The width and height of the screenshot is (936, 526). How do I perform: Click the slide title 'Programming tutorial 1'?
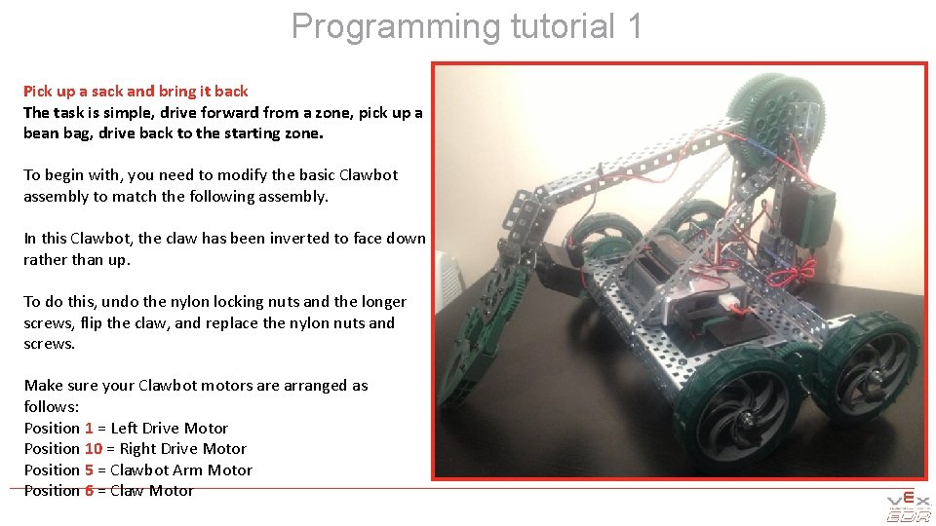(467, 26)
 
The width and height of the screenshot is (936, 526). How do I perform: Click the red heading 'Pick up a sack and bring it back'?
(136, 91)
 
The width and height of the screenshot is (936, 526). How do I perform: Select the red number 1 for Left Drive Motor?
(89, 428)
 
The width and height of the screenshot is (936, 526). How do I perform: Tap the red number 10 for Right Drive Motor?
(93, 449)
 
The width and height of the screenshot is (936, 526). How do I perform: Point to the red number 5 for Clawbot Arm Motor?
(89, 470)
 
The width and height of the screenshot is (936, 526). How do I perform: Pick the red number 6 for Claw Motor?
(89, 491)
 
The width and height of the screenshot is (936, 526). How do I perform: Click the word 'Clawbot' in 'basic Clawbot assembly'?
(369, 175)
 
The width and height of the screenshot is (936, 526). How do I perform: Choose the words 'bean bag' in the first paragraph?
(54, 133)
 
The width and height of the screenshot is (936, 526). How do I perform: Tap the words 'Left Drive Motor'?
(170, 428)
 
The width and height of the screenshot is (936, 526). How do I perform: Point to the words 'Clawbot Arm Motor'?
(181, 470)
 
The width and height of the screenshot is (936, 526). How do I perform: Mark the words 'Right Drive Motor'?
(183, 449)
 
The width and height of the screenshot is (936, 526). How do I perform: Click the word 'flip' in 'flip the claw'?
(92, 322)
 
